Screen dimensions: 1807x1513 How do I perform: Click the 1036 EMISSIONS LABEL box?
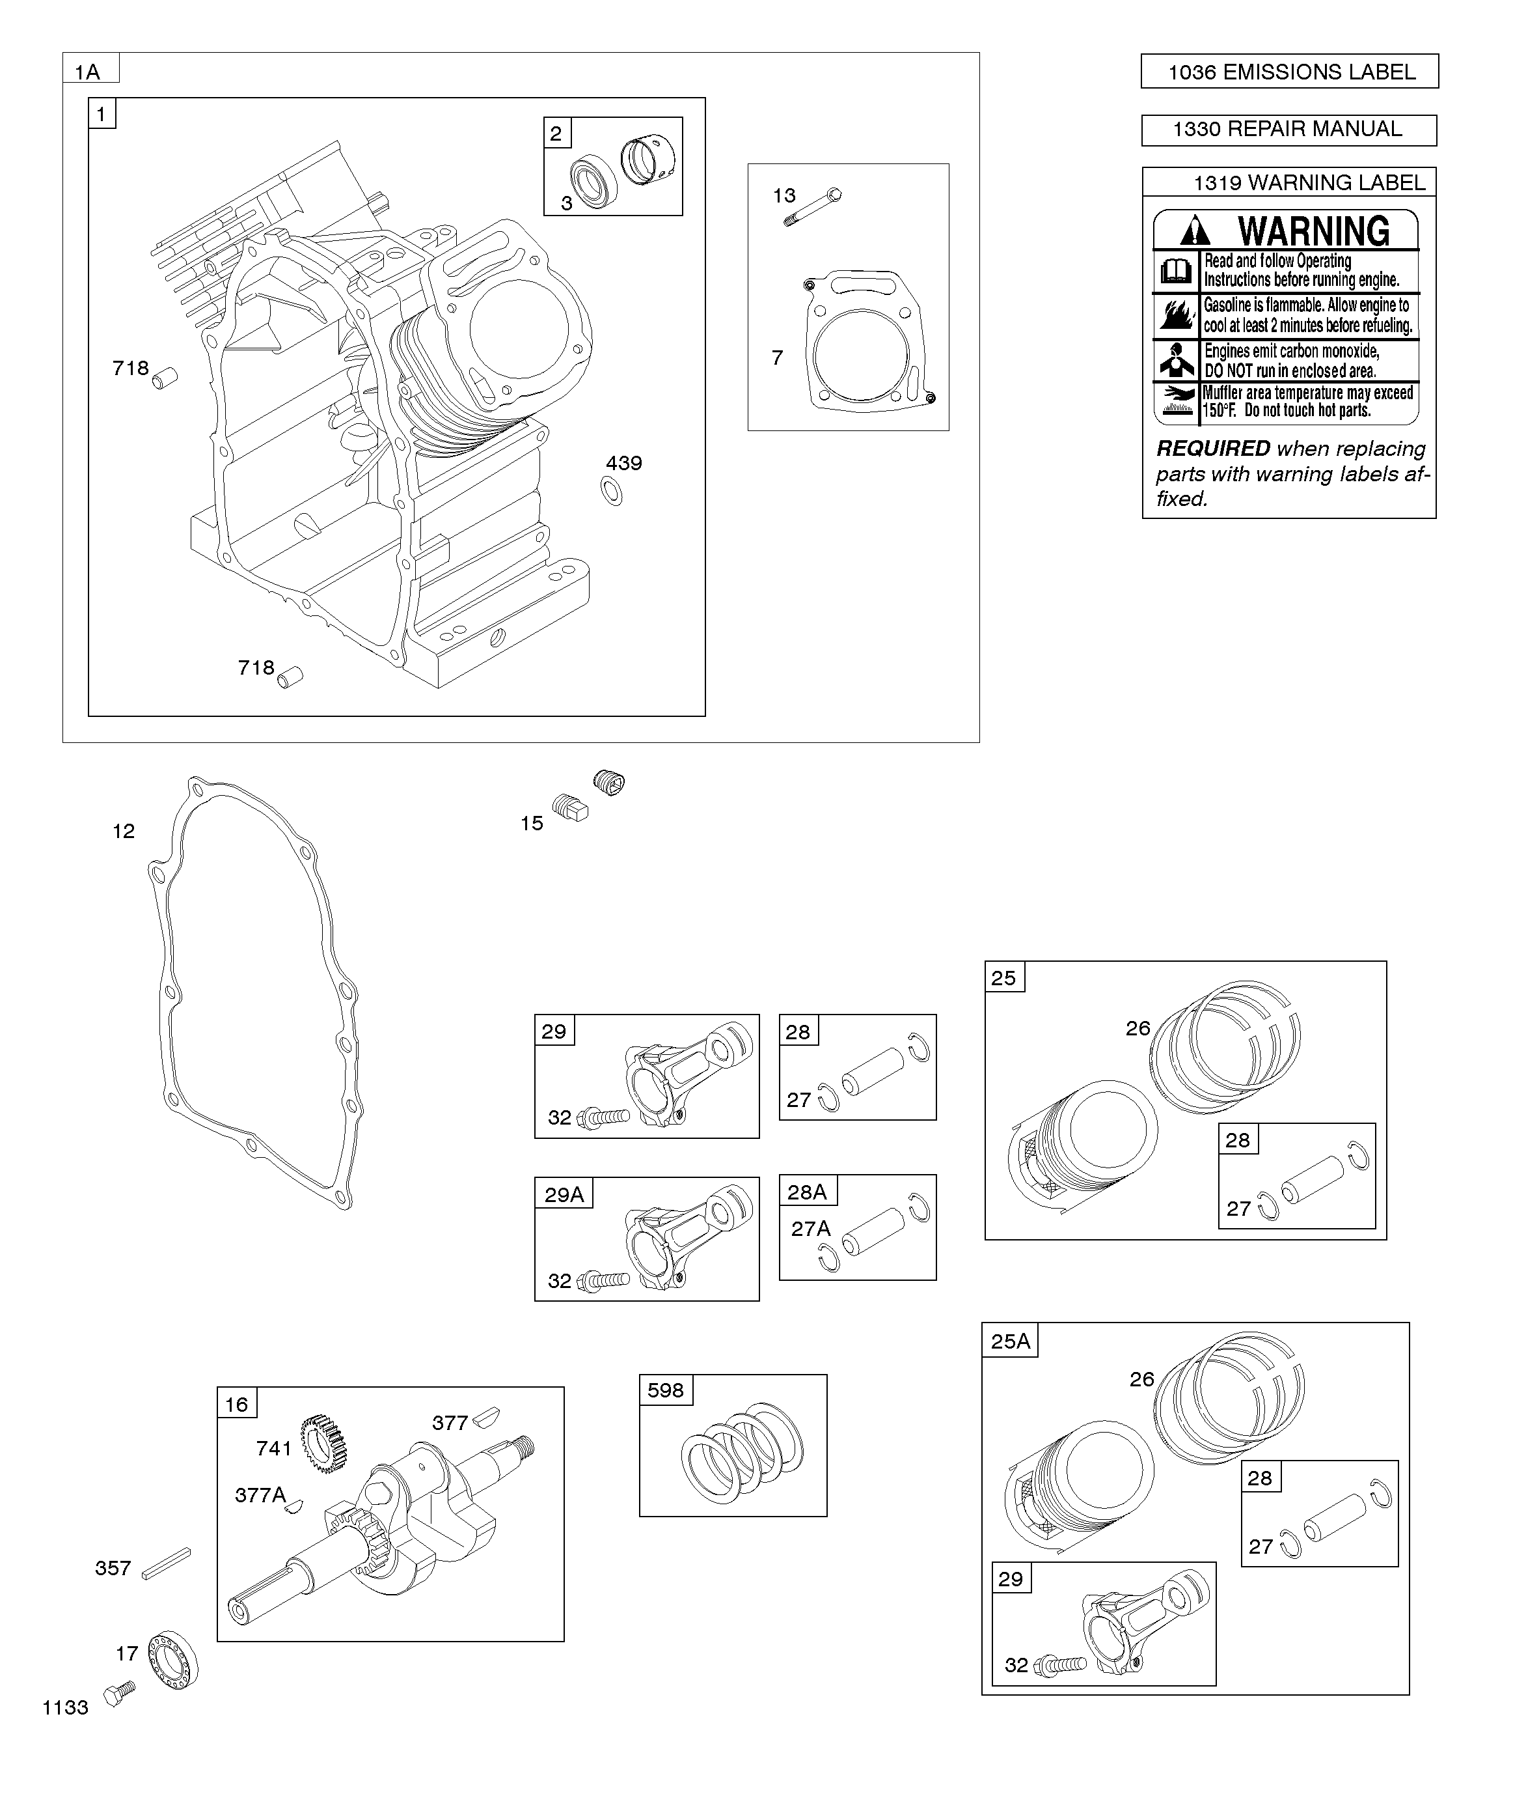[x=1288, y=72]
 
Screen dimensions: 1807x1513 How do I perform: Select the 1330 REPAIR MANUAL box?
[x=1288, y=130]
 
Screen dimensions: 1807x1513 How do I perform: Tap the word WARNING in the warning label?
[x=1313, y=231]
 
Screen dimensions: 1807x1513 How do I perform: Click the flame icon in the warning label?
[x=1176, y=316]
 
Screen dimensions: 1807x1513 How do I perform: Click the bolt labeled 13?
[x=813, y=207]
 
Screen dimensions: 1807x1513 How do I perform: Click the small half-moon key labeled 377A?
[x=294, y=1506]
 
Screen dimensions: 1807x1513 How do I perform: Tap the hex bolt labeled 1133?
[x=120, y=1694]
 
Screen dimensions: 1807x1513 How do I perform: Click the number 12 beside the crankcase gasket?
[x=124, y=831]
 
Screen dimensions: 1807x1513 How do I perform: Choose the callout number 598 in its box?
[x=665, y=1390]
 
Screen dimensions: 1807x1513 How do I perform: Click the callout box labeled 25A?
[x=1010, y=1341]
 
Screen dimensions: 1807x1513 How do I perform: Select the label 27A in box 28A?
[x=810, y=1229]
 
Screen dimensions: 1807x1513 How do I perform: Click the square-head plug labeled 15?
[x=569, y=808]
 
